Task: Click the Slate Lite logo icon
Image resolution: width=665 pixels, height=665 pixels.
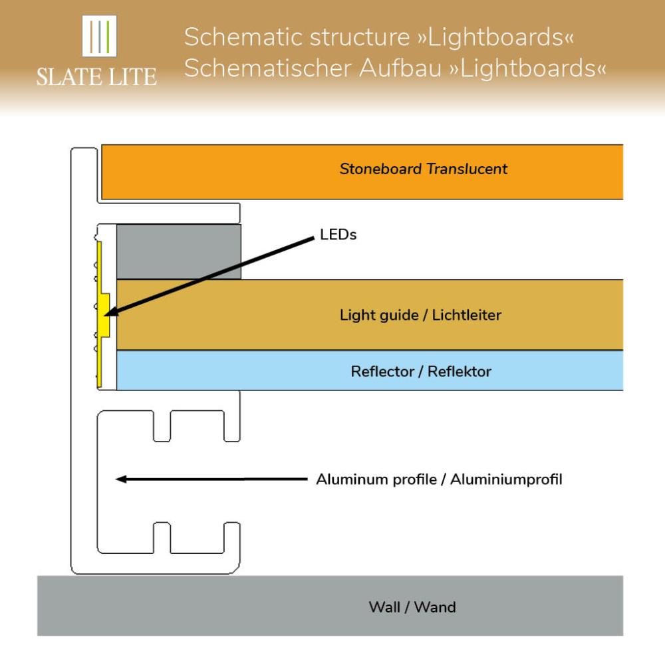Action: click(x=98, y=36)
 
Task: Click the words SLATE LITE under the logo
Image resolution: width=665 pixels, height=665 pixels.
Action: click(x=96, y=76)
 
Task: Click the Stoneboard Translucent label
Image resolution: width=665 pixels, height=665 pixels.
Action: click(x=423, y=169)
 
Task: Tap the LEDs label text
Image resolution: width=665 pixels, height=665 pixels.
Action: click(x=338, y=235)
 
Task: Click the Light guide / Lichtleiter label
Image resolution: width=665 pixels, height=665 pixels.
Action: click(x=420, y=315)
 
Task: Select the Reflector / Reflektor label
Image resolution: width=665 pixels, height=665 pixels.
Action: click(x=420, y=371)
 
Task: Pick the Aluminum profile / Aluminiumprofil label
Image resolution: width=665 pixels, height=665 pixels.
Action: click(x=439, y=479)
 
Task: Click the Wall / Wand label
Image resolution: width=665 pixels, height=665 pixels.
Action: click(x=412, y=606)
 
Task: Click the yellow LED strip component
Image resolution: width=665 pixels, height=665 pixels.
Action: click(x=102, y=316)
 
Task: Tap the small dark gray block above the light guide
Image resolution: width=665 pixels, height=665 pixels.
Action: click(x=178, y=251)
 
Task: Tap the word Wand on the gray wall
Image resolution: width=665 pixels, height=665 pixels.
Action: click(x=438, y=606)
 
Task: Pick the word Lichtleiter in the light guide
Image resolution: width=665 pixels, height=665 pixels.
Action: click(x=466, y=315)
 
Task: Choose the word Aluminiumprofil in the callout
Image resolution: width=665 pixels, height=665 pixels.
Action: click(x=506, y=479)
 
